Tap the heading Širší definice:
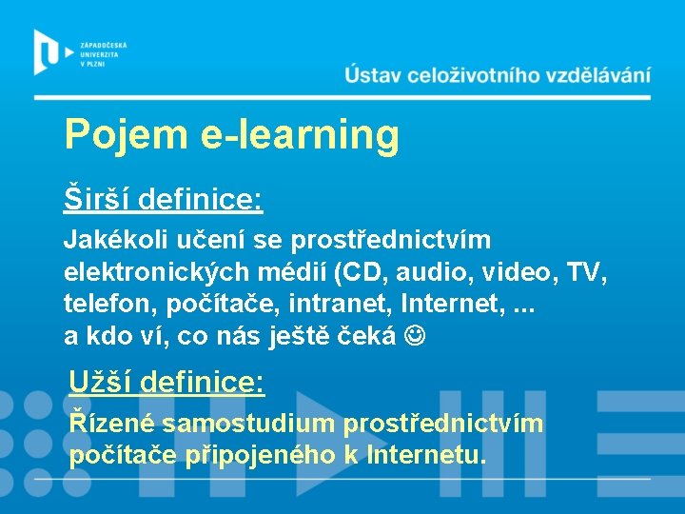(163, 200)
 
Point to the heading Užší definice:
(166, 383)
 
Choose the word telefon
(104, 305)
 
